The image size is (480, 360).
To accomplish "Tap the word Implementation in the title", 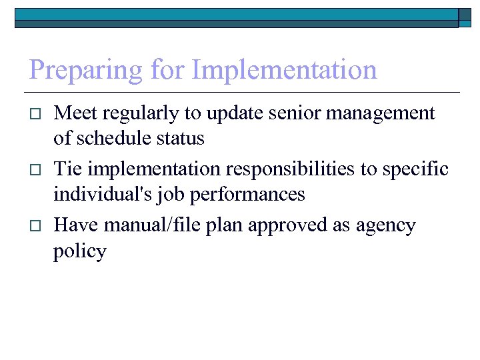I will [x=285, y=70].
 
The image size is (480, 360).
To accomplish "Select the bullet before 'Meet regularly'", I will [x=37, y=115].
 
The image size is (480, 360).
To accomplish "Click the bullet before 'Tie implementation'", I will [x=37, y=170].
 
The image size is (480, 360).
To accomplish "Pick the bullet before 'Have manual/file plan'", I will [x=37, y=226].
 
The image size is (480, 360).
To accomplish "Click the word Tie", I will [x=67, y=169].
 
